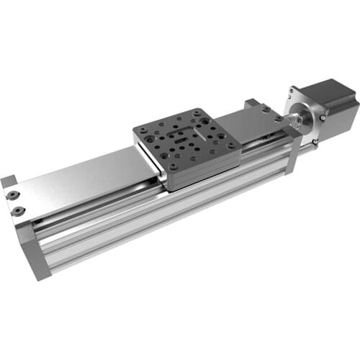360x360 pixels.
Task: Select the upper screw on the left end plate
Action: pyautogui.click(x=13, y=195)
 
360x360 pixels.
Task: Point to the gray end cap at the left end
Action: pyautogui.click(x=36, y=256)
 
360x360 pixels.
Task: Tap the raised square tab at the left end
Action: pyautogui.click(x=8, y=181)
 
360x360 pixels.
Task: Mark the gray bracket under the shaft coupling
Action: pyautogui.click(x=292, y=155)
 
